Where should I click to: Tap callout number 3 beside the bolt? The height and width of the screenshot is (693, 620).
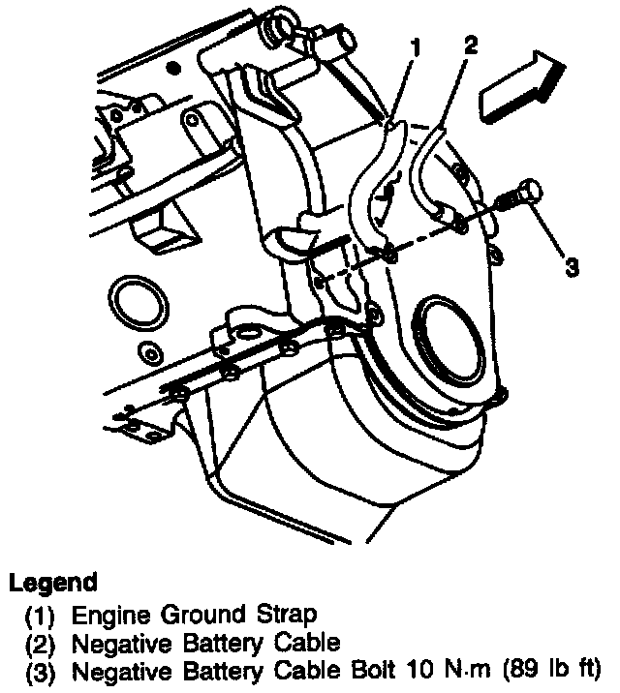[573, 265]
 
